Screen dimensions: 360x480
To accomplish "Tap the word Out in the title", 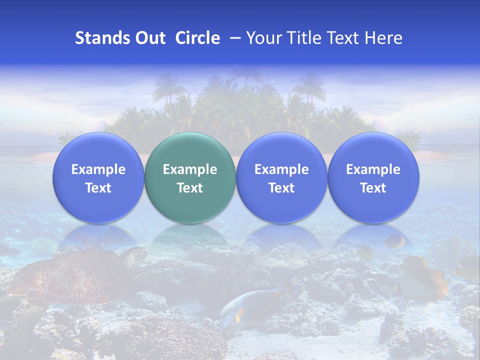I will tap(149, 38).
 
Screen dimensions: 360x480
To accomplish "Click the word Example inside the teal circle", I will tap(190, 169).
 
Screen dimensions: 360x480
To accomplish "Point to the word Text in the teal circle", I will tap(190, 188).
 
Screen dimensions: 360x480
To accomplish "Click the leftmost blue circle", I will tap(98, 177).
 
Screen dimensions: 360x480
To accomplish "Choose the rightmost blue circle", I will tap(373, 177).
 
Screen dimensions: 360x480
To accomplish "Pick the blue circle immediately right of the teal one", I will tap(281, 177).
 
